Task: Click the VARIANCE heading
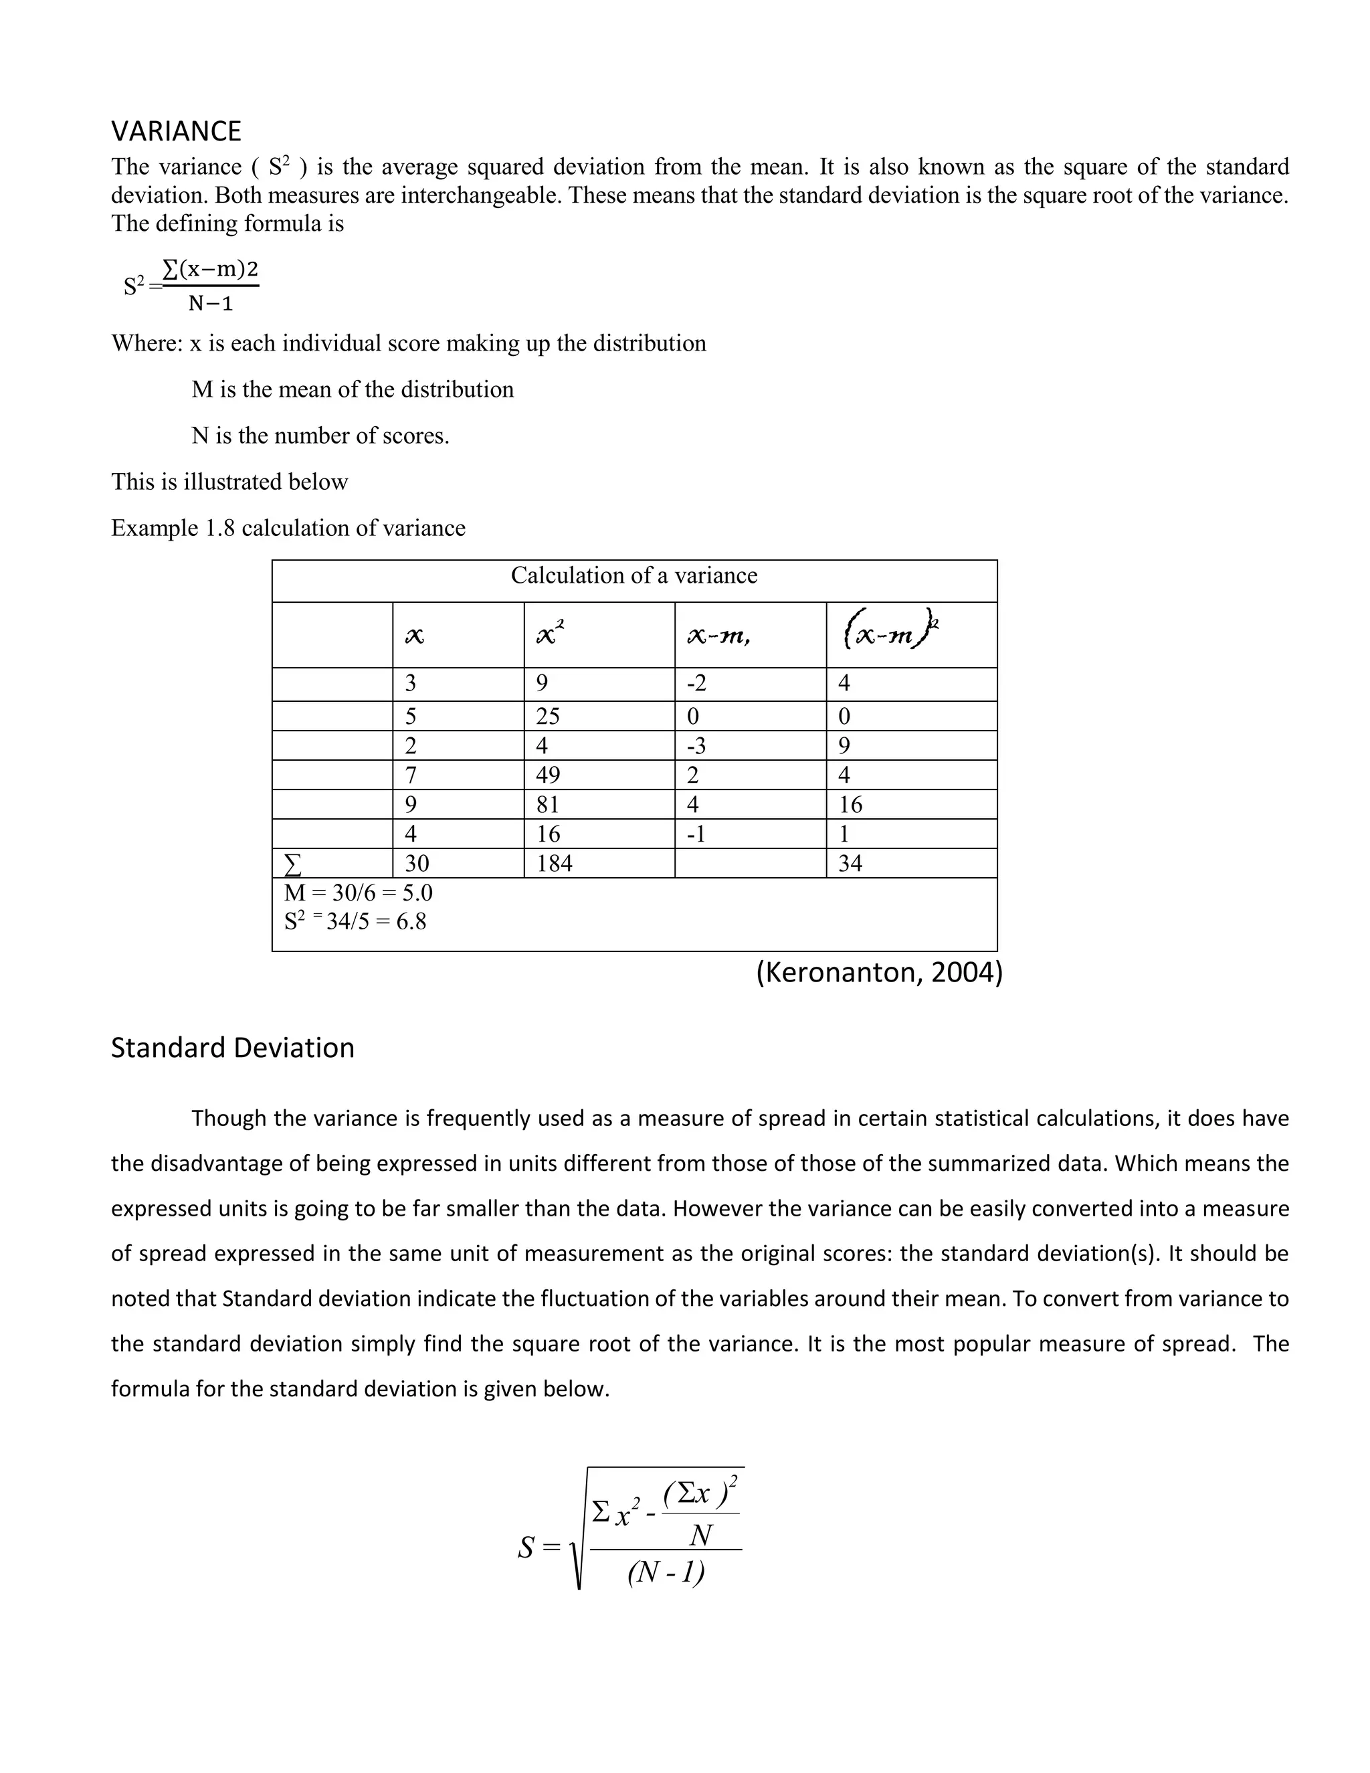point(176,130)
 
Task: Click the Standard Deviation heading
point(232,1047)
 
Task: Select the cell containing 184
point(555,863)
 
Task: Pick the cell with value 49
point(548,775)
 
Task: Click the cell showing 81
point(548,804)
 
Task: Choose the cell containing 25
point(548,716)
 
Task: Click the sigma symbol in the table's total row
point(293,864)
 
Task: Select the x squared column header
point(551,633)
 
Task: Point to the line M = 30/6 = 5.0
point(358,892)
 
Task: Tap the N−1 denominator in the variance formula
point(211,304)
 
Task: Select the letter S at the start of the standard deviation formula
point(526,1548)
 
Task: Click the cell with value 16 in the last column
point(850,804)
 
